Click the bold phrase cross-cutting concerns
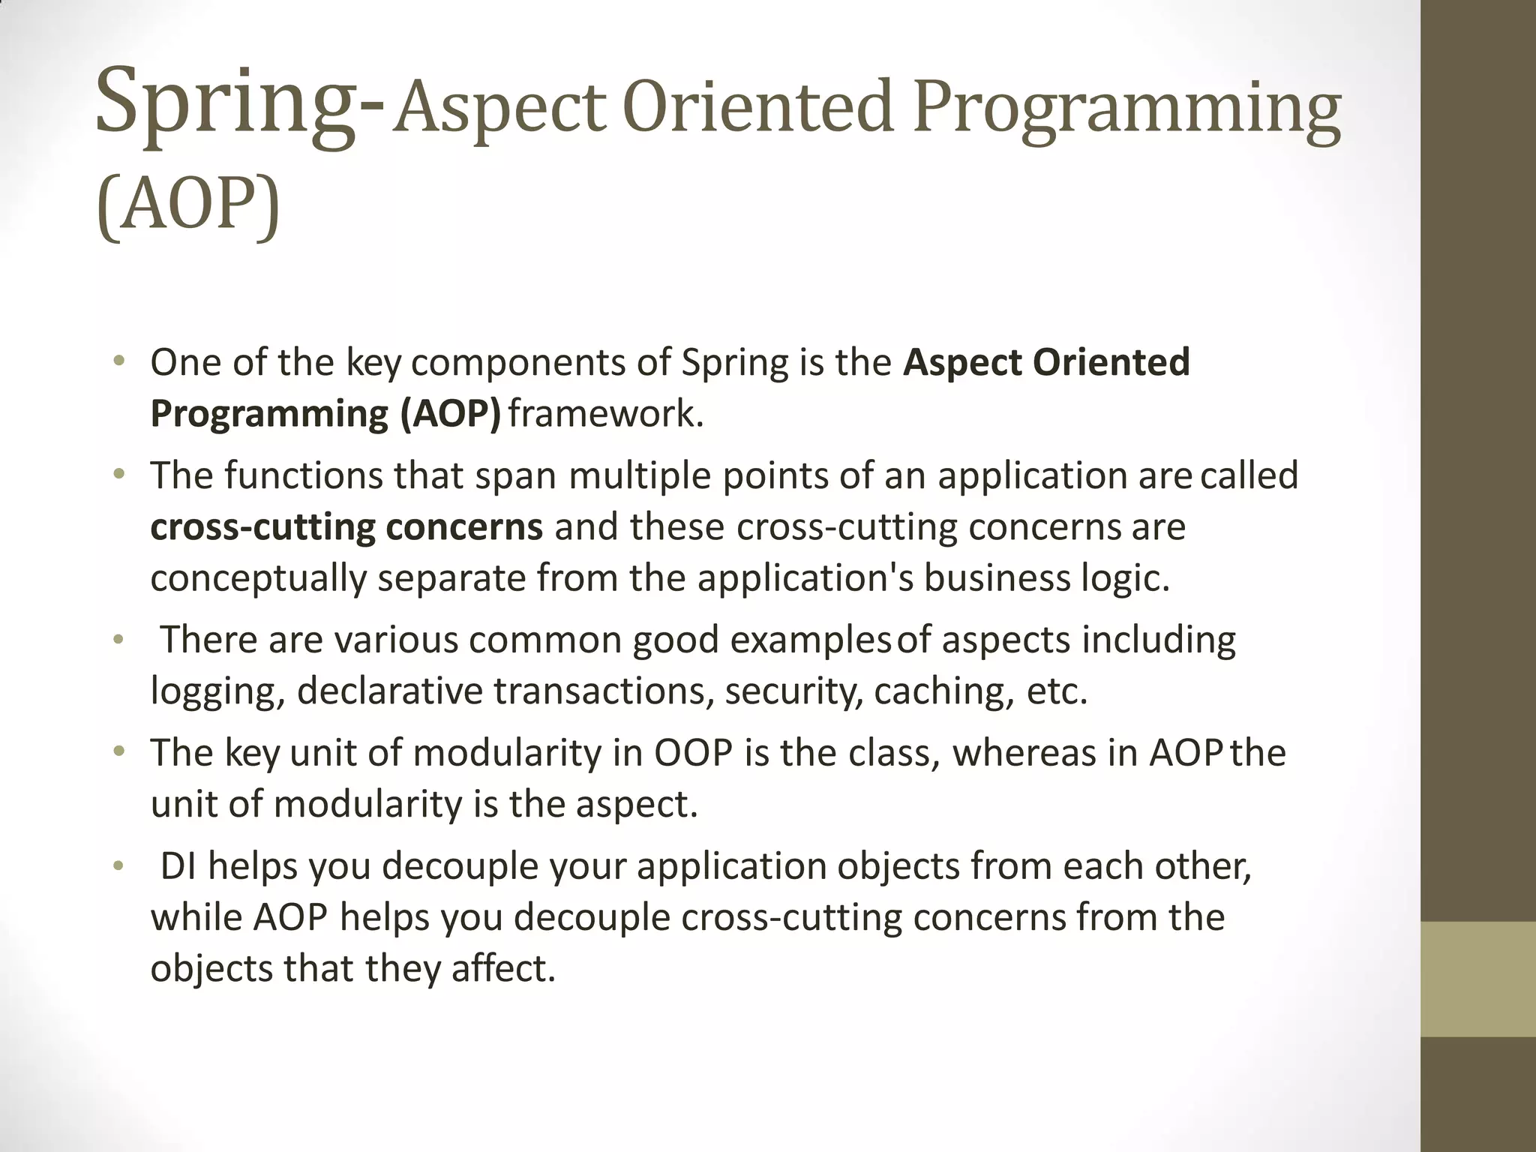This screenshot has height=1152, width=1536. point(346,527)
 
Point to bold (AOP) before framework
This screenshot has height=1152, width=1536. point(450,414)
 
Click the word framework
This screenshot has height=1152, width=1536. point(606,414)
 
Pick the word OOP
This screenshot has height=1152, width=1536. point(692,753)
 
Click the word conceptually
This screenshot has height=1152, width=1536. point(258,579)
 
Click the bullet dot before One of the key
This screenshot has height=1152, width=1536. point(118,363)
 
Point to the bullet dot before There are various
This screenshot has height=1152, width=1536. point(118,640)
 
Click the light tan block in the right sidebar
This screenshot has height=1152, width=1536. point(1477,979)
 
